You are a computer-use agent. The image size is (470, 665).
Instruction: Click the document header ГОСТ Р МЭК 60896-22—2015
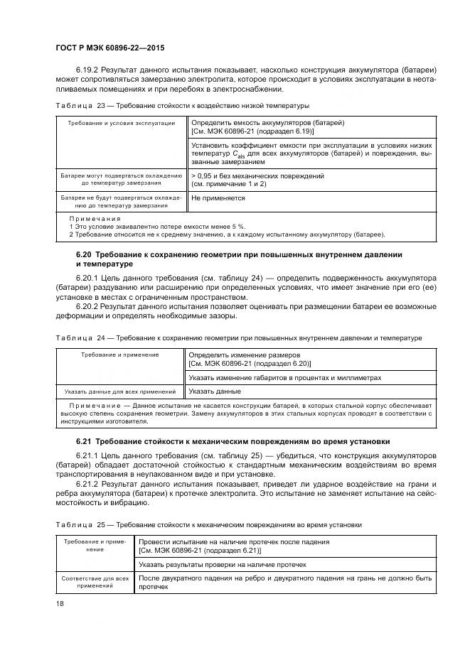coord(103,47)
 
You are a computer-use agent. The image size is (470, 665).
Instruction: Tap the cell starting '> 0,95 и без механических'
coord(258,179)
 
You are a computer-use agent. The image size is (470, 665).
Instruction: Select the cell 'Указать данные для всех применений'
coord(119,391)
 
